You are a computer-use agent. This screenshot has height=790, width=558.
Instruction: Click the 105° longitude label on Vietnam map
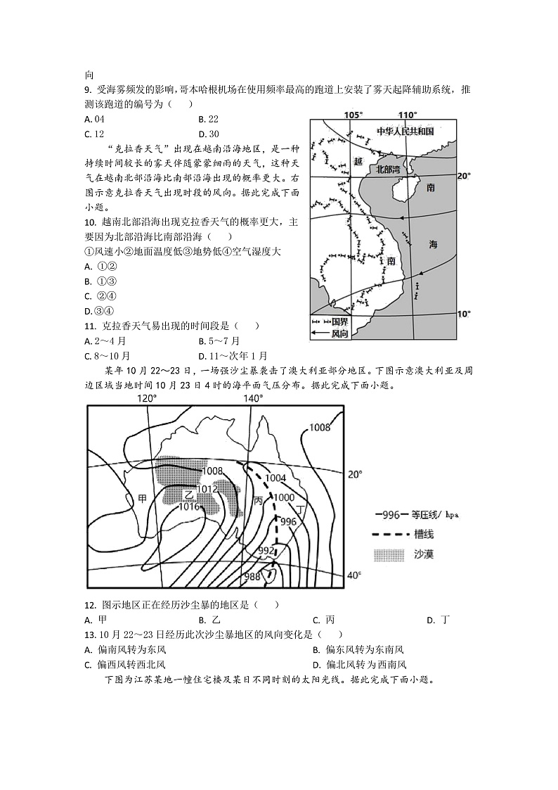click(x=353, y=115)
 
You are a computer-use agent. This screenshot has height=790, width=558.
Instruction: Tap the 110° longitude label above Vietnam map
click(x=407, y=115)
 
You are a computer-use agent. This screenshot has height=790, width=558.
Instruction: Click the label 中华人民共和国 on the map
click(x=405, y=132)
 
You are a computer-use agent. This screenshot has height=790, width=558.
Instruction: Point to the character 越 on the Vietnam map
click(x=358, y=161)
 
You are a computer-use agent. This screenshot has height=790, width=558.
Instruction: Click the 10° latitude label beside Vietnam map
click(x=464, y=314)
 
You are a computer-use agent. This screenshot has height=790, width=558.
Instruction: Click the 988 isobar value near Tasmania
click(x=252, y=577)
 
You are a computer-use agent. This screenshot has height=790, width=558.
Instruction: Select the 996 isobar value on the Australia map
click(x=289, y=522)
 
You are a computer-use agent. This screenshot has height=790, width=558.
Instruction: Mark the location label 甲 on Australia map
click(x=143, y=498)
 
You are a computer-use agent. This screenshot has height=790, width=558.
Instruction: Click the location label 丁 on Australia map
click(x=301, y=508)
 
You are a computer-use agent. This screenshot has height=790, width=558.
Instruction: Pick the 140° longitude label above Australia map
click(x=252, y=398)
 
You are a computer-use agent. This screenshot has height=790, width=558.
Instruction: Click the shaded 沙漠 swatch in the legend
click(x=391, y=554)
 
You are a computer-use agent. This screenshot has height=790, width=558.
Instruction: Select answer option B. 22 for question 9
click(x=209, y=119)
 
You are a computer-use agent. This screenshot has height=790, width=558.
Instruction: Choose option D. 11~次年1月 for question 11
click(x=233, y=356)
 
